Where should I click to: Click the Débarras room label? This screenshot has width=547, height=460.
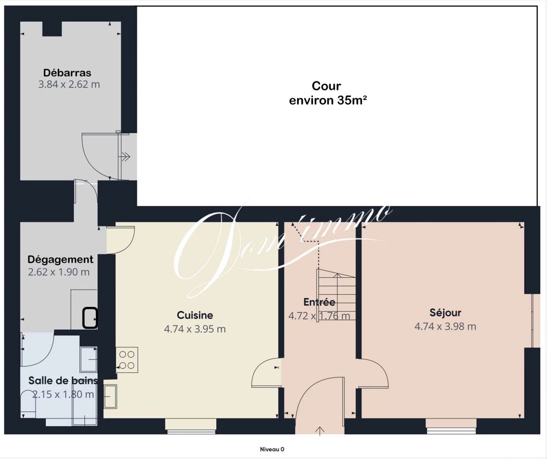(x=67, y=73)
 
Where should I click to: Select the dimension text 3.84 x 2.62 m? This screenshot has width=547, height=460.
(x=69, y=84)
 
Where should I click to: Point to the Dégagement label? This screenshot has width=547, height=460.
(x=60, y=260)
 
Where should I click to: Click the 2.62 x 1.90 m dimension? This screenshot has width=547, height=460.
(x=59, y=272)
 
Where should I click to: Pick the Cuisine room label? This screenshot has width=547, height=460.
(x=195, y=315)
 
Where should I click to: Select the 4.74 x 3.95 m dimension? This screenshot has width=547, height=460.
(x=195, y=329)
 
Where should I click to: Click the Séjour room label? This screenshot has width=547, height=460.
(x=445, y=313)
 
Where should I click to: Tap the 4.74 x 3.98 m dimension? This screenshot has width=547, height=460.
(x=445, y=327)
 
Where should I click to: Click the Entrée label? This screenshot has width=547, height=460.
(x=319, y=302)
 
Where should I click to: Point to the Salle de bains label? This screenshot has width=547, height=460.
(x=63, y=381)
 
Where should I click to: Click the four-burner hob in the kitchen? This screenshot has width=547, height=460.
(x=127, y=360)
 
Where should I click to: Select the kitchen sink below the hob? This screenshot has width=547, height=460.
(x=110, y=396)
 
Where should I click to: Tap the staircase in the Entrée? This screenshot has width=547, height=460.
(x=336, y=295)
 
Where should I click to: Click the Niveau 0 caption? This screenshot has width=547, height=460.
(x=272, y=450)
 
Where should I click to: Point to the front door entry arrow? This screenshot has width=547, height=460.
(x=319, y=430)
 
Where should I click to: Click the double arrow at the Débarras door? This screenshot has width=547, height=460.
(x=125, y=157)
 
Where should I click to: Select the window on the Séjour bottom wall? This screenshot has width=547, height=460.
(x=451, y=427)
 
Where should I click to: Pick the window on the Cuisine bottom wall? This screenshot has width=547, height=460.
(x=190, y=427)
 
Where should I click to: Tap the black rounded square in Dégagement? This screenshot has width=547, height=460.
(x=90, y=318)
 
